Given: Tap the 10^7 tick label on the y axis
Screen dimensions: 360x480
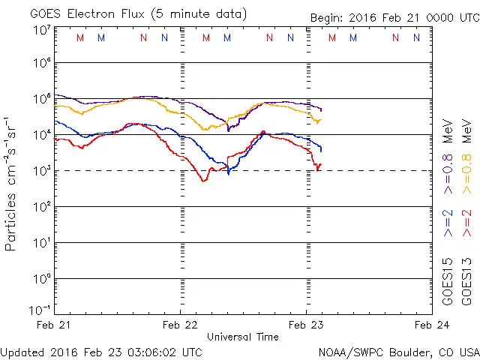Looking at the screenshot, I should [x=41, y=30].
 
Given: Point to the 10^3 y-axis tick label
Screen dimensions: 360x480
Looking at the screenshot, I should [x=41, y=171].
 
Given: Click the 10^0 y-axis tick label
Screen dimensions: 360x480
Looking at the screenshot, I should [x=41, y=279].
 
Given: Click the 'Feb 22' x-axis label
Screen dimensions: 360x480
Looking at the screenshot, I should [x=181, y=325].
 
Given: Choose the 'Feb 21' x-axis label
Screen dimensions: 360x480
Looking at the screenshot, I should [x=55, y=325].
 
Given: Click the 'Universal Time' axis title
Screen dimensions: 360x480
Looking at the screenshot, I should [x=243, y=337].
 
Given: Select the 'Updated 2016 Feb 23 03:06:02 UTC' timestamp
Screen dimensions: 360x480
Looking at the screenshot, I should [x=101, y=352].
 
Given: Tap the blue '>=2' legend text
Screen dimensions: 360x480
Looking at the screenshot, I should [x=448, y=223].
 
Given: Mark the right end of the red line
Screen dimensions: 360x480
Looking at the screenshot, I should [x=320, y=164].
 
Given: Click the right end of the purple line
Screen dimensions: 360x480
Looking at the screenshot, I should [x=322, y=110].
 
